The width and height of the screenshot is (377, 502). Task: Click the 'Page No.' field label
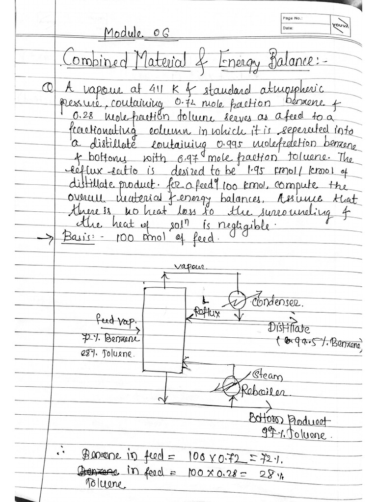coord(293,19)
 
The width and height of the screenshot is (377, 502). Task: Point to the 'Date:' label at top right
coord(288,28)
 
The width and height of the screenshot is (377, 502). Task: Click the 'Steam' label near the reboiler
coord(268,376)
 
